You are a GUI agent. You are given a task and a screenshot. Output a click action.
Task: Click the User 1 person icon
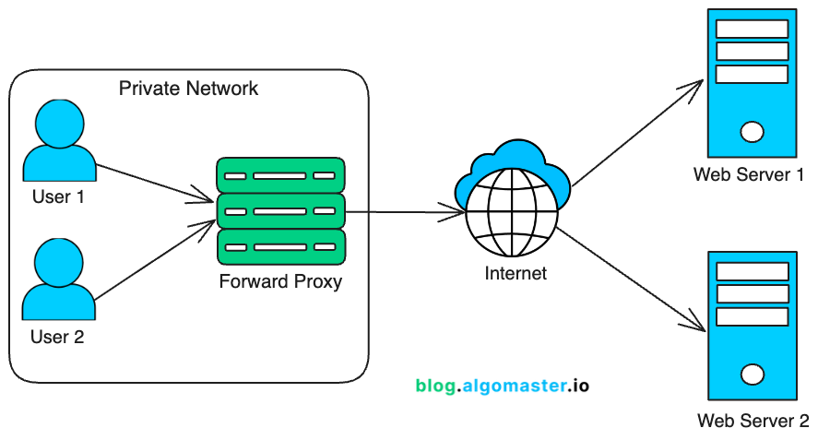[x=59, y=143]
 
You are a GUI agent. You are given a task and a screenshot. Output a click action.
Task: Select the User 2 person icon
[x=59, y=278]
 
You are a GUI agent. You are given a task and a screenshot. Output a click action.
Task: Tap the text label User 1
[x=58, y=196]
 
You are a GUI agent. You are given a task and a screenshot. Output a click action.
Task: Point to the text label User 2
[x=57, y=338]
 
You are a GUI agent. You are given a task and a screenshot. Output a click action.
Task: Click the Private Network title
[x=189, y=89]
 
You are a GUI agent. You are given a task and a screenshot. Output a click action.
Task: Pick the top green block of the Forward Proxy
[x=280, y=174]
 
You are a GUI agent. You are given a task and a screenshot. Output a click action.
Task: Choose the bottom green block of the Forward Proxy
[x=280, y=246]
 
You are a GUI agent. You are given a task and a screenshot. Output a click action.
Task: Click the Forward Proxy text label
[x=280, y=281]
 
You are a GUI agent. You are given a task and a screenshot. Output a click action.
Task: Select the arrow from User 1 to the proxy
[x=152, y=182]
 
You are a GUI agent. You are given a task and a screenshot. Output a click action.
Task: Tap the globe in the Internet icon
[x=513, y=210]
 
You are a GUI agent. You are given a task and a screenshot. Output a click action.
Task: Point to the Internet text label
[x=516, y=273]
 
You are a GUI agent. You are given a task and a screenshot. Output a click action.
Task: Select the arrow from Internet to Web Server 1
[x=636, y=134]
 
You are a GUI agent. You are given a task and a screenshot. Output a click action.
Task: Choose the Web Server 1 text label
[x=750, y=175]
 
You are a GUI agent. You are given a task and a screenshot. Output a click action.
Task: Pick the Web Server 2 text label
[x=753, y=422]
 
